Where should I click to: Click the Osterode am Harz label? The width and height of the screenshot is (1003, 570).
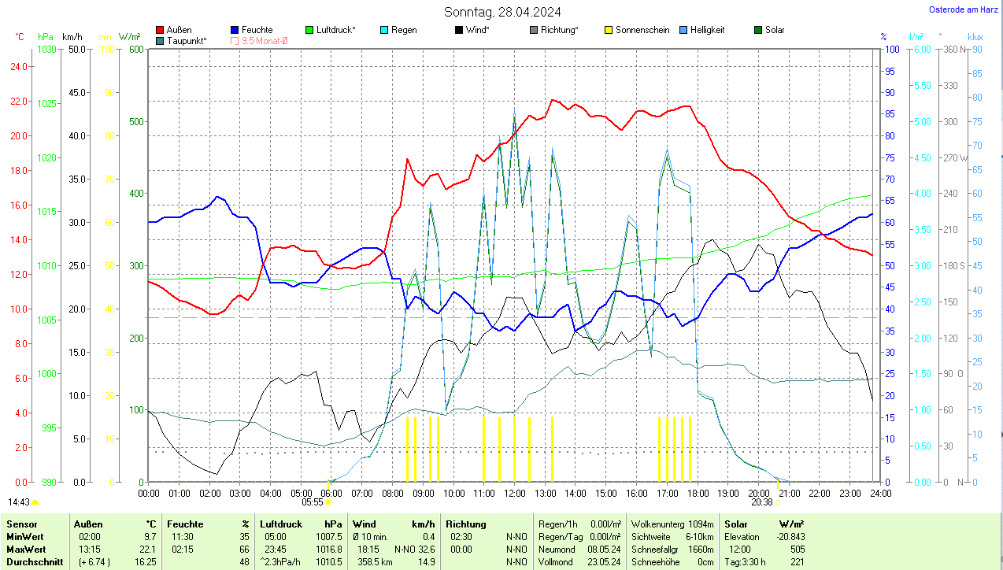(x=964, y=9)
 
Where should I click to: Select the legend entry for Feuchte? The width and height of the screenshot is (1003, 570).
(x=257, y=30)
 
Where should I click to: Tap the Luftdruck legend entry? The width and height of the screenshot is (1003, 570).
(x=335, y=30)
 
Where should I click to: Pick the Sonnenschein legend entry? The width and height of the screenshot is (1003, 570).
(x=642, y=30)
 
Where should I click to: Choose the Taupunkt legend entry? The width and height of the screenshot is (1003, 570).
(x=186, y=40)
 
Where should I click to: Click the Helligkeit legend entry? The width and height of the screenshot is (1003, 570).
(x=707, y=30)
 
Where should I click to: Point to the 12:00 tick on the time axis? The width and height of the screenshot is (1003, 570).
(x=514, y=494)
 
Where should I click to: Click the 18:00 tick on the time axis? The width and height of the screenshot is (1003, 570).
(x=698, y=494)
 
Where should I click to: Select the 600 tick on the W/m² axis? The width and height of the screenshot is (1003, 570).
(x=135, y=50)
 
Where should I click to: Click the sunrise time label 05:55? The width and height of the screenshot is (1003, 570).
(x=313, y=502)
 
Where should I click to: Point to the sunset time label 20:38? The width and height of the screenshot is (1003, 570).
(x=761, y=502)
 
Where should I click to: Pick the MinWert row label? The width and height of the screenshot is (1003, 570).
(x=25, y=537)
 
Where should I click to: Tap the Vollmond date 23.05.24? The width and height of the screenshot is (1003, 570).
(x=603, y=562)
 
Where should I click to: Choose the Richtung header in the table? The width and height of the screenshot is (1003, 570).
(x=465, y=524)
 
